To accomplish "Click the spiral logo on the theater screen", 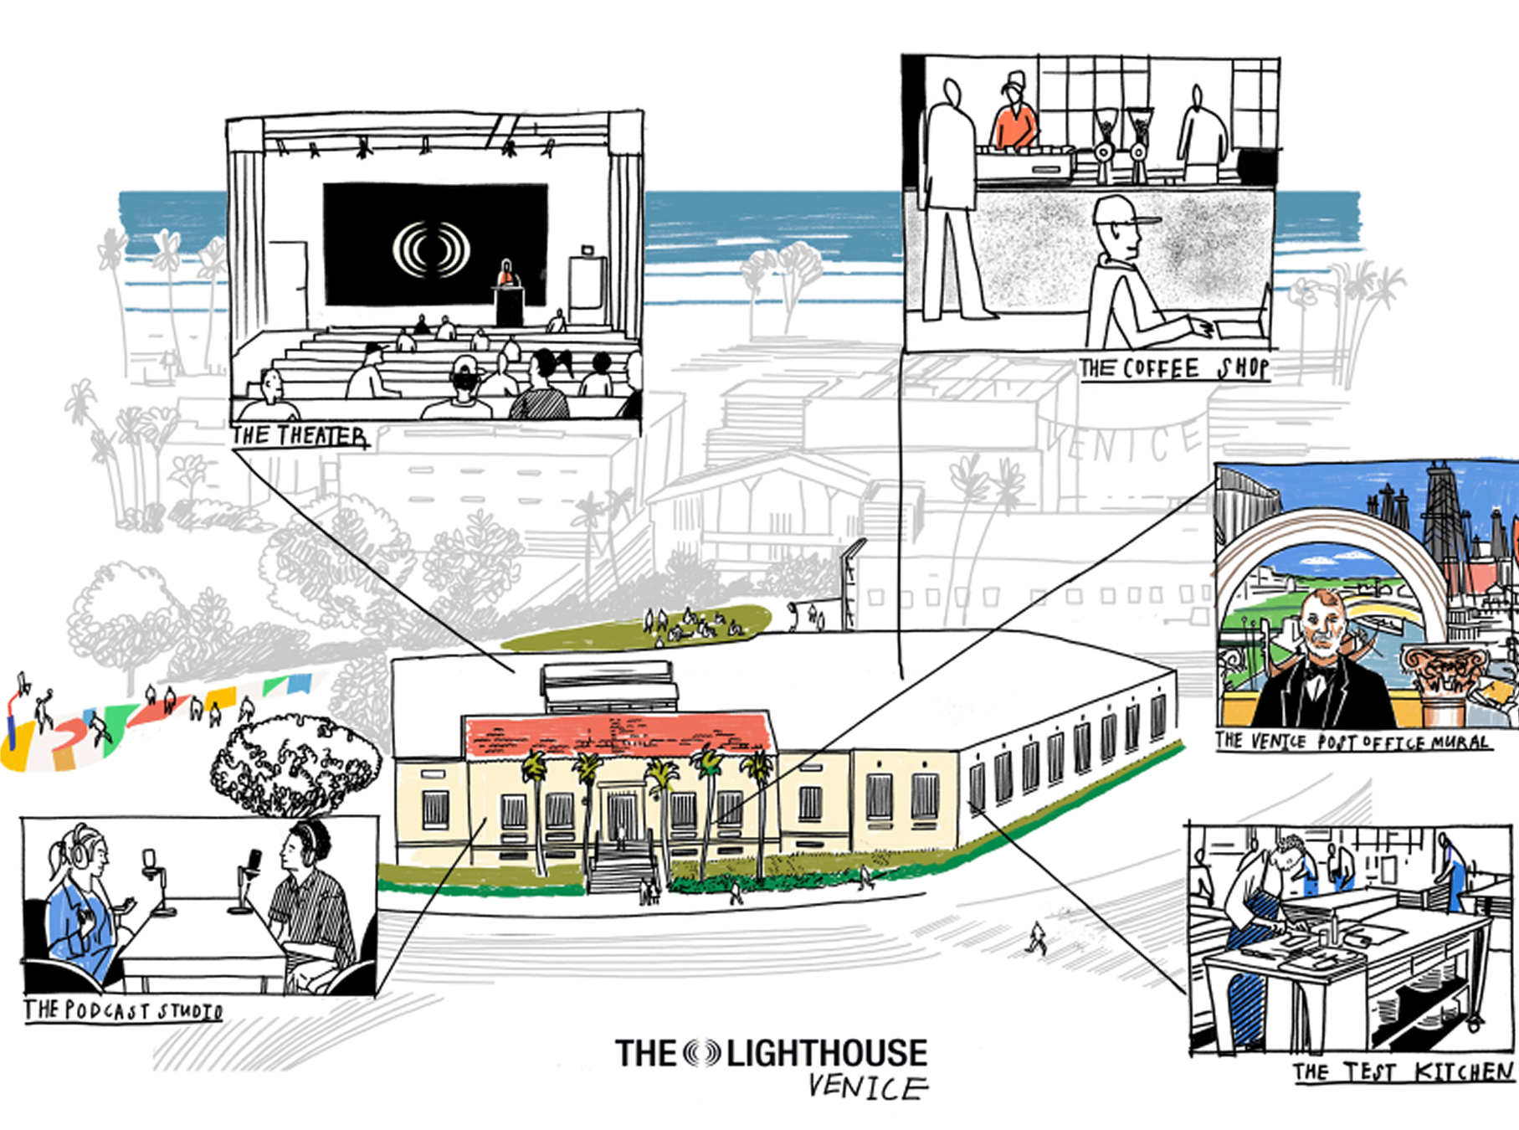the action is tap(431, 249).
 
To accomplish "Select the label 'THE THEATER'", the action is tap(300, 436).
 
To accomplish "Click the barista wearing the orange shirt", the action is tap(1014, 117).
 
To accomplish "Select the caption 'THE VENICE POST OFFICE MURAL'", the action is tap(1352, 742).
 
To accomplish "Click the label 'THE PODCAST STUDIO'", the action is tap(123, 1010).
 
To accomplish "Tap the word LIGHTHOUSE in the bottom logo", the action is tap(827, 1053).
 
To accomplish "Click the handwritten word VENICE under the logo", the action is tap(867, 1086).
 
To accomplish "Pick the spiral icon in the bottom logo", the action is tap(701, 1053).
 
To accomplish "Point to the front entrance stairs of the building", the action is tap(621, 866).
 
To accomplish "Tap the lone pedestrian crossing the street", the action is tap(1037, 938).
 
